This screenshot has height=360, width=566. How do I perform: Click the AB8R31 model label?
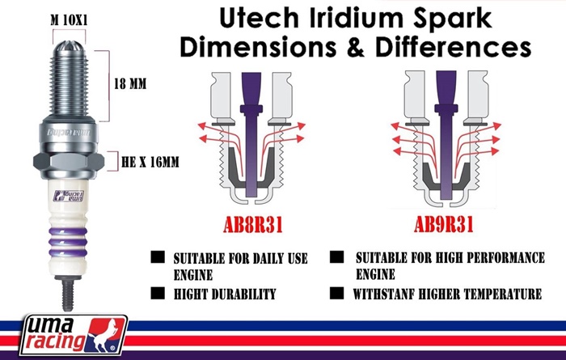(252, 225)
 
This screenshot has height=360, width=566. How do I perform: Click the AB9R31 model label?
(444, 225)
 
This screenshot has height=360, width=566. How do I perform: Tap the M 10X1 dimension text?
(69, 20)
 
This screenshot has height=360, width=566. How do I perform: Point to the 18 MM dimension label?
(130, 84)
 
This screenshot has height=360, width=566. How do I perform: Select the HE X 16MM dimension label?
(150, 162)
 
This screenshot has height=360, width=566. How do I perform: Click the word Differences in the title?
(453, 47)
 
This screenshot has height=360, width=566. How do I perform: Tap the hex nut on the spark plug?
(69, 161)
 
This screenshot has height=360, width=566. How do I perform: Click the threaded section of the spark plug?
(70, 83)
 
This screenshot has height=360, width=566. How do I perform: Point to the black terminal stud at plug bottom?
(67, 293)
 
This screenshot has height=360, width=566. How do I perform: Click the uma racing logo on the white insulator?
(69, 196)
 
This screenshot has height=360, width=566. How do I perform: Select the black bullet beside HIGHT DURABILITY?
(158, 293)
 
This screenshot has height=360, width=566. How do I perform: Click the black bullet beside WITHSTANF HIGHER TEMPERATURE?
(336, 293)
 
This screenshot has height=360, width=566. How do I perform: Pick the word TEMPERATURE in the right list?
(502, 294)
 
